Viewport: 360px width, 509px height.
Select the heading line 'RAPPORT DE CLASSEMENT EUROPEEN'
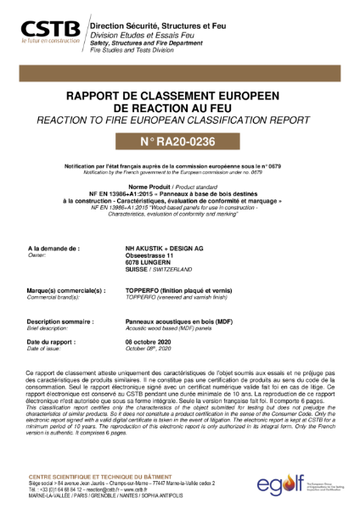pos(178,98)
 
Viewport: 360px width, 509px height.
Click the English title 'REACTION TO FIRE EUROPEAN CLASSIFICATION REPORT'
pos(178,121)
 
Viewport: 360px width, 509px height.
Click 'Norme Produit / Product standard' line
pos(178,185)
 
